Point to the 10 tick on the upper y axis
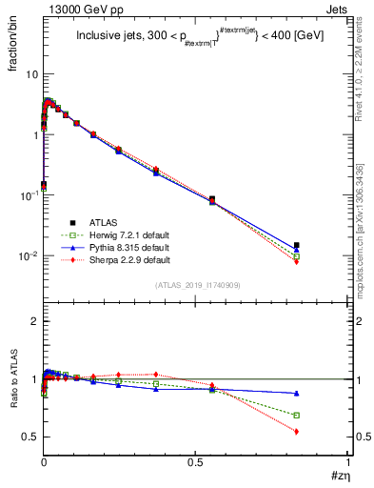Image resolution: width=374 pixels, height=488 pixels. click(31, 74)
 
